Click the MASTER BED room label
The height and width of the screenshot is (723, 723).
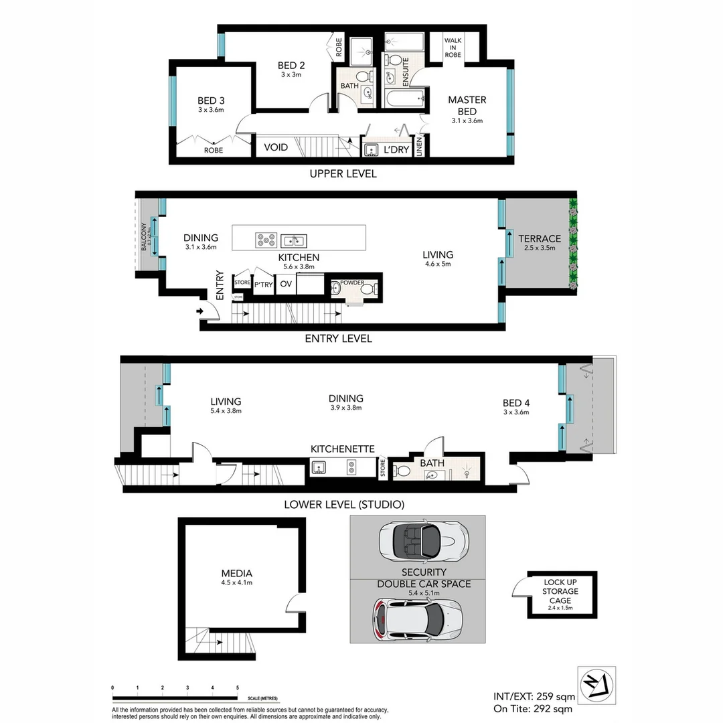[x=467, y=105]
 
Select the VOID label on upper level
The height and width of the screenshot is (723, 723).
[x=276, y=147]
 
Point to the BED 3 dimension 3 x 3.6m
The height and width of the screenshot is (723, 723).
[x=210, y=110]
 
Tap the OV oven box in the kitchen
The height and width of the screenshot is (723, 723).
[x=286, y=284]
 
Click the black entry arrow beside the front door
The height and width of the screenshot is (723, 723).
[x=200, y=311]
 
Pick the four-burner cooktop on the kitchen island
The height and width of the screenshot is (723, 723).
[x=266, y=239]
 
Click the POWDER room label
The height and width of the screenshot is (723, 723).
[x=352, y=283]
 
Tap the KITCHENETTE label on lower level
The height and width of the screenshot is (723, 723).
[x=342, y=449]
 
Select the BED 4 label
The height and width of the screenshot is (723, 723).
[x=516, y=403]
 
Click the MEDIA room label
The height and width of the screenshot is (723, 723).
[x=237, y=574]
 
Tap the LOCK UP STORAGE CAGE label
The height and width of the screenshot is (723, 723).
[x=560, y=591]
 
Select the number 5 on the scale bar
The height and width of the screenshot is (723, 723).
[x=238, y=688]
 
